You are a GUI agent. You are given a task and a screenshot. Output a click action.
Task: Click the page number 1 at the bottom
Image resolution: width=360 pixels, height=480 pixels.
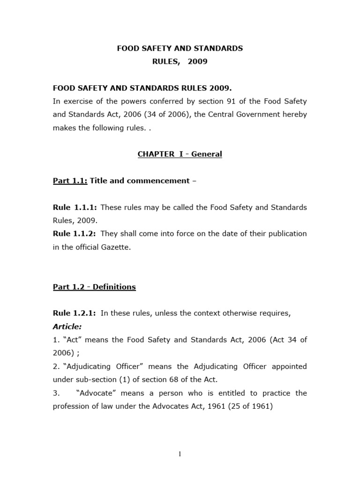point(180,454)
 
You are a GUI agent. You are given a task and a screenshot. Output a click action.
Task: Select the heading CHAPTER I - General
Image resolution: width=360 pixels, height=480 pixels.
point(180,154)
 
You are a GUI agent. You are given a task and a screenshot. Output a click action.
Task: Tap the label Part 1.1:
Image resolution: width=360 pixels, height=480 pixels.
point(70,181)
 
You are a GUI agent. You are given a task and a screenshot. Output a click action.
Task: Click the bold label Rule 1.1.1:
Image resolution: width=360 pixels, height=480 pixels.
point(75,207)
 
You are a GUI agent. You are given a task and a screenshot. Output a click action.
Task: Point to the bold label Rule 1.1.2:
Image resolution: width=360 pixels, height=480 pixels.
point(75,233)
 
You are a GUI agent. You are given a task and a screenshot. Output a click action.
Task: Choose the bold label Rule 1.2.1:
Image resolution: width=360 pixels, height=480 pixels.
point(75,313)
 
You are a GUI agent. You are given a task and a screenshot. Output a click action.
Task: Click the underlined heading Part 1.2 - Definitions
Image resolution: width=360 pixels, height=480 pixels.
point(94,287)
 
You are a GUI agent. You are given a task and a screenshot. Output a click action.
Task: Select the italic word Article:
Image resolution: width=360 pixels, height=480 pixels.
point(67,326)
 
